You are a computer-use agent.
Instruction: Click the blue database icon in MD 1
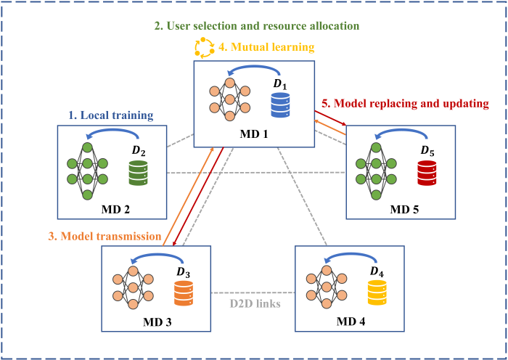(279, 105)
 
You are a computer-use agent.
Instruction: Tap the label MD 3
(157, 320)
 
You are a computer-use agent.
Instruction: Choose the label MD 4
(351, 320)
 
